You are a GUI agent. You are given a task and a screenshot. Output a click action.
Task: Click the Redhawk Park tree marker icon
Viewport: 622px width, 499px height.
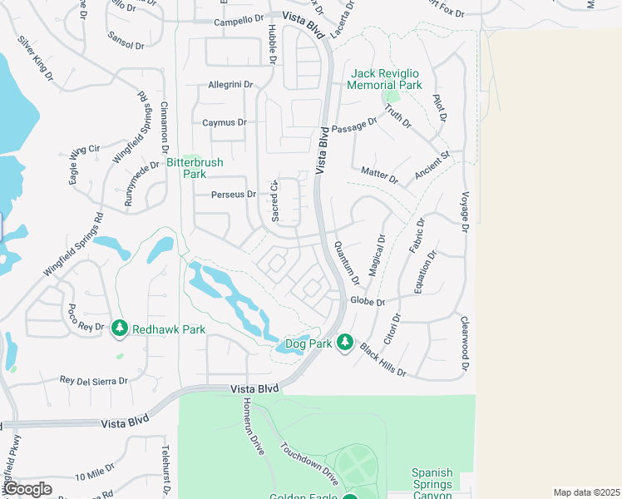point(120,329)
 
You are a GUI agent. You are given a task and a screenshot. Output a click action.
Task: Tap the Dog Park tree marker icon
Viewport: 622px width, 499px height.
point(345,343)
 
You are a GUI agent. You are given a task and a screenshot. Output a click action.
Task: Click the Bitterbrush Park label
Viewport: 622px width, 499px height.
point(195,169)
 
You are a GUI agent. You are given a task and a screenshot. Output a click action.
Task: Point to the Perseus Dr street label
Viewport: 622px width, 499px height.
point(234,195)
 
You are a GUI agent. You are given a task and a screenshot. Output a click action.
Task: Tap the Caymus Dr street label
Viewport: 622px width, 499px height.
point(225,122)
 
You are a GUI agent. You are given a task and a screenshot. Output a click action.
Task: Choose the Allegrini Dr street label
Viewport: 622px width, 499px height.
point(230,85)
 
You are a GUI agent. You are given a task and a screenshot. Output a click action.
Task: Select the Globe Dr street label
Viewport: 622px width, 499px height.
point(368,301)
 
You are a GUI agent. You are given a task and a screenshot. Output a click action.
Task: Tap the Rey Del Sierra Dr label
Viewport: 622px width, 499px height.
point(93,381)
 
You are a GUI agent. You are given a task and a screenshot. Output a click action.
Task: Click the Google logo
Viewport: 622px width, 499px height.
point(28,489)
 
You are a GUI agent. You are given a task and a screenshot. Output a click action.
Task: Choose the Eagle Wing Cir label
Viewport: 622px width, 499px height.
point(81,152)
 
